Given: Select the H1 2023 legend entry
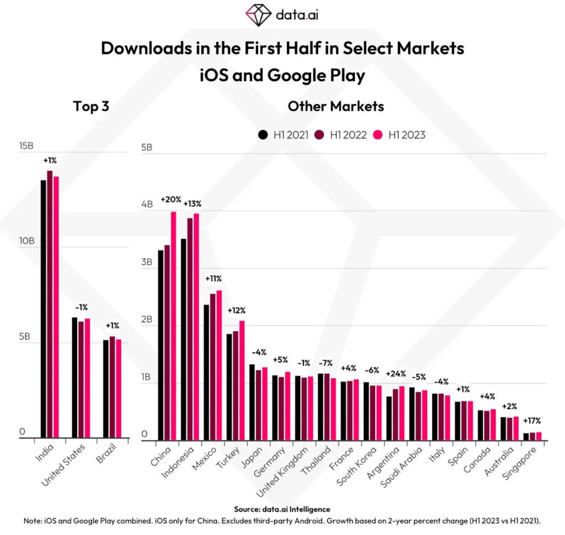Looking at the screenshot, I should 401,134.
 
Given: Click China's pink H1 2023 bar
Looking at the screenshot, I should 173,326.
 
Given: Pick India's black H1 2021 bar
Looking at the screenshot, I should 44,309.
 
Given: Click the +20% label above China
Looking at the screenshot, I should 171,199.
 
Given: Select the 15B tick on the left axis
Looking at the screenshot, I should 26,146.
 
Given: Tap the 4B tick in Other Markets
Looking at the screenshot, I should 147,204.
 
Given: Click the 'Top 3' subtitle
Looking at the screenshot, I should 91,106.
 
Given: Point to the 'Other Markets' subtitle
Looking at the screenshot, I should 335,106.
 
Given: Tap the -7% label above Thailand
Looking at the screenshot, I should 326,363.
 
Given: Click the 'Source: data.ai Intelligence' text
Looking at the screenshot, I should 282,509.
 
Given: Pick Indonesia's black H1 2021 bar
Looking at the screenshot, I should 184,339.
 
